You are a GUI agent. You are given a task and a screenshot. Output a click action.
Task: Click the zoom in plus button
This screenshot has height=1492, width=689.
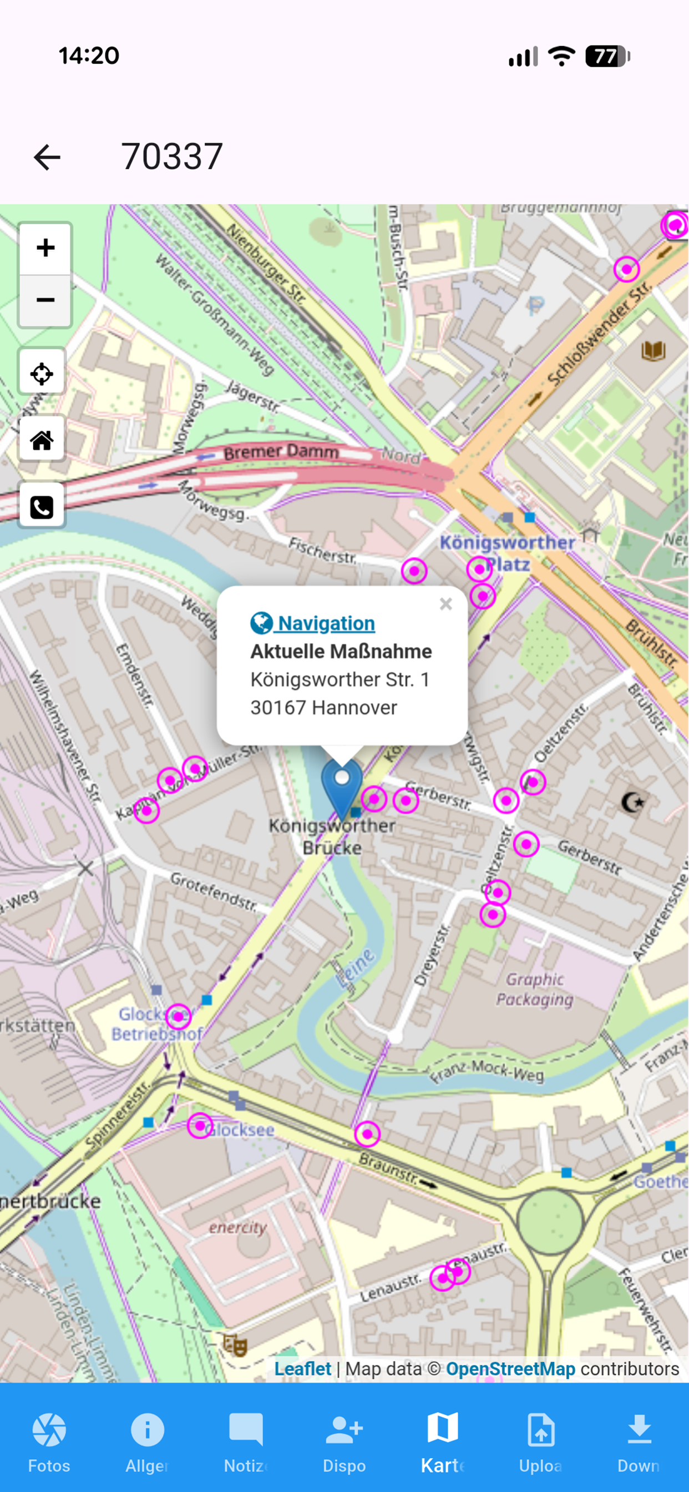point(45,248)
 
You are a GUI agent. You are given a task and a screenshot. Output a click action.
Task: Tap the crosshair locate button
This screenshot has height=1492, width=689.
point(42,374)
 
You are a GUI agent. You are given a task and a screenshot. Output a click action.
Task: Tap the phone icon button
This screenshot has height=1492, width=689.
point(42,507)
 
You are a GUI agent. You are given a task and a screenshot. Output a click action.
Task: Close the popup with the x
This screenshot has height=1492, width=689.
point(445,604)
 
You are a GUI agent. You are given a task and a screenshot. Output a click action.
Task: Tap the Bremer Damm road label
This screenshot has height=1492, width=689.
point(281,452)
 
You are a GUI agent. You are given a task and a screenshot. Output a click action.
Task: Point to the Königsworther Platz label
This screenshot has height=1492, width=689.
point(507,552)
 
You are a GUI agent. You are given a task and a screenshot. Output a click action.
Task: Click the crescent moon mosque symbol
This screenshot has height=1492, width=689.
point(633,802)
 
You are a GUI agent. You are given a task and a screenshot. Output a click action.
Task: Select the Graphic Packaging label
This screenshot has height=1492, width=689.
point(534,989)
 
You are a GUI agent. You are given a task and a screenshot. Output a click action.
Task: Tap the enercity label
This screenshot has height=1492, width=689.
point(238,1227)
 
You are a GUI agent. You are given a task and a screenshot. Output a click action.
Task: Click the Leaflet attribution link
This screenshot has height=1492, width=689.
point(302,1369)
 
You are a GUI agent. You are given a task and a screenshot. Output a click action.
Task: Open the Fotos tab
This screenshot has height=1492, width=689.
point(49,1441)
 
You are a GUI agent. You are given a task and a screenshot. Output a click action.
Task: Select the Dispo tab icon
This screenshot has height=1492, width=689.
point(344,1429)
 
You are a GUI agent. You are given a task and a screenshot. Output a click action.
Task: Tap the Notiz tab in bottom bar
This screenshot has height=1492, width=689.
point(246,1441)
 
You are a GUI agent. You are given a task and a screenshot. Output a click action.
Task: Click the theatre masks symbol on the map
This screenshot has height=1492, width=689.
point(235,1345)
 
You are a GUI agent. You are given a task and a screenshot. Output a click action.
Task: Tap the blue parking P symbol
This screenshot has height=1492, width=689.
point(536,305)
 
